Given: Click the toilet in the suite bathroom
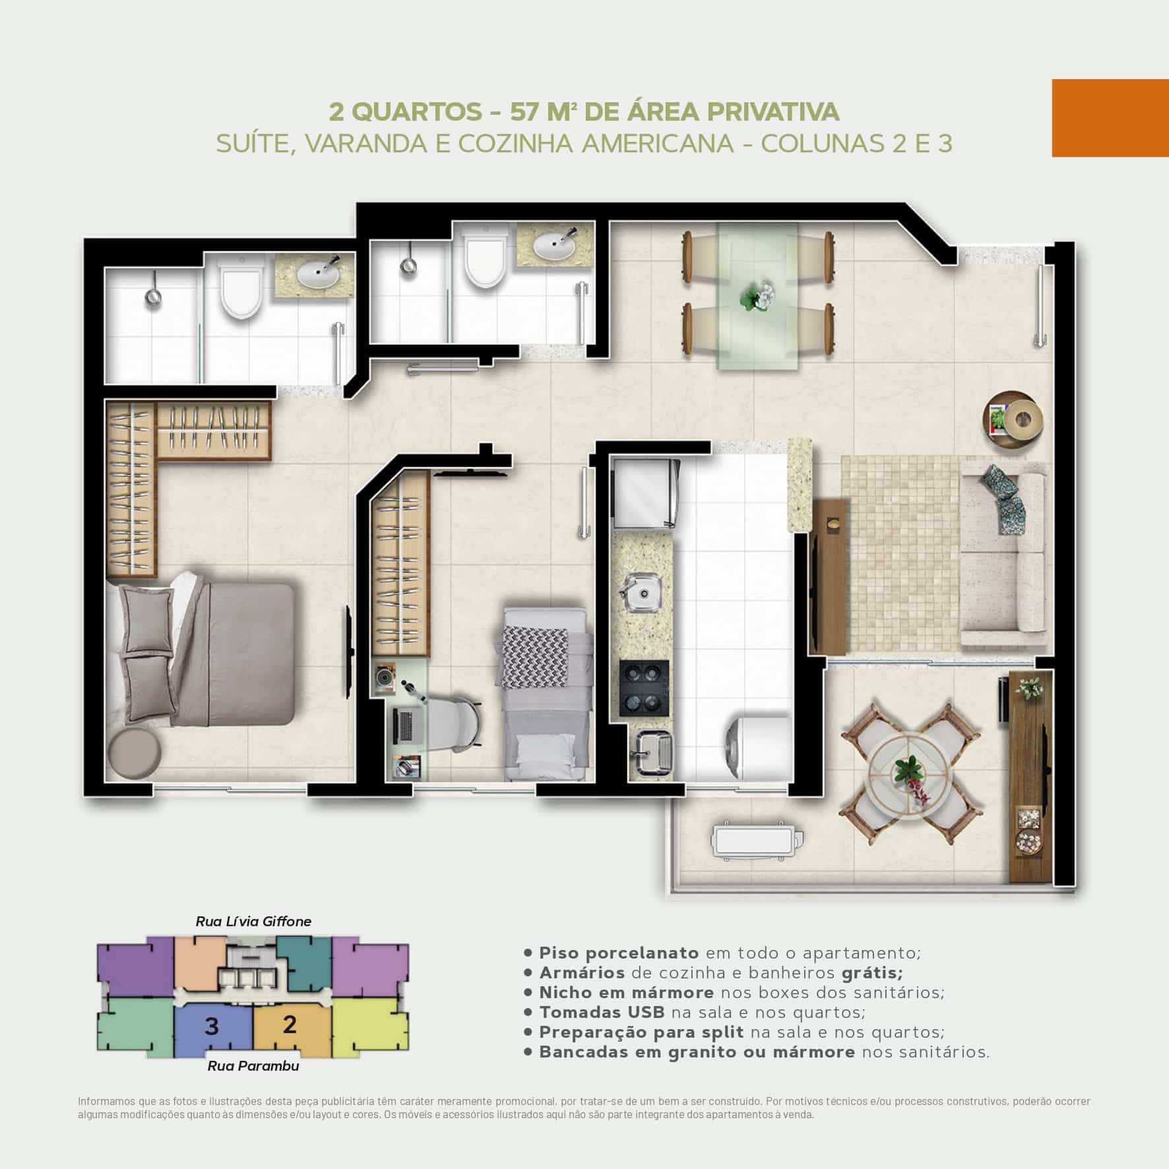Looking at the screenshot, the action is (243, 286).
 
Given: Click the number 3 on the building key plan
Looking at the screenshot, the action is (212, 1027).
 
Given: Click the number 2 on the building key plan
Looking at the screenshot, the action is (289, 1024).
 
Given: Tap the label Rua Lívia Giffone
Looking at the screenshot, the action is (253, 921).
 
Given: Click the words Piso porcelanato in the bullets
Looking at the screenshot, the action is (619, 953).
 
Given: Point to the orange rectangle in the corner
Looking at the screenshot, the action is (1110, 118).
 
